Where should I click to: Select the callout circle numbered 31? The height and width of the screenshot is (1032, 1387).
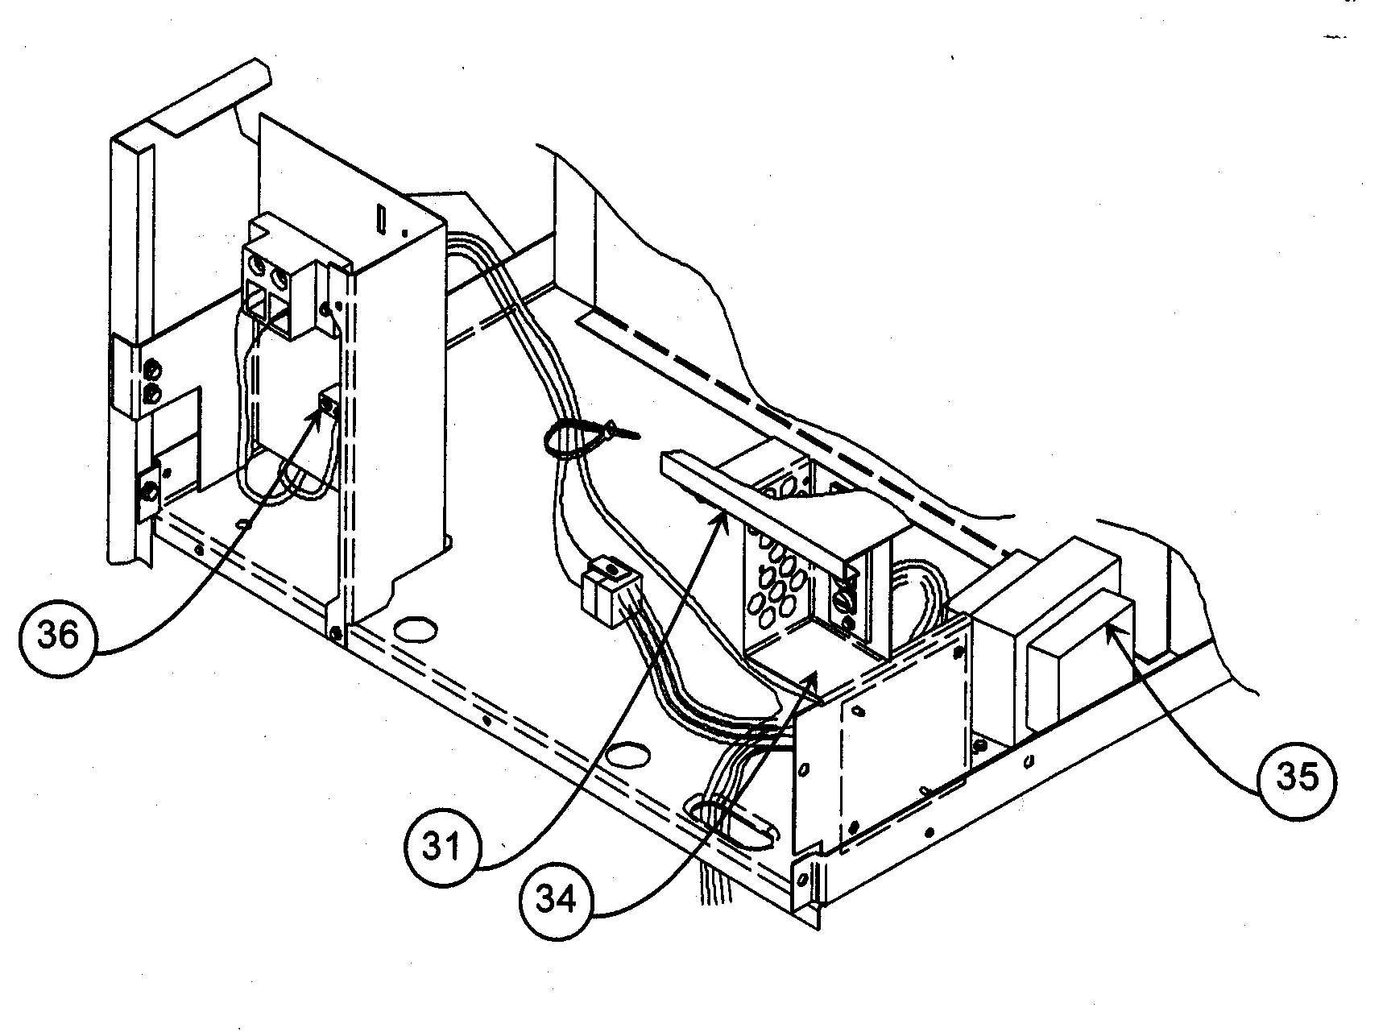(442, 848)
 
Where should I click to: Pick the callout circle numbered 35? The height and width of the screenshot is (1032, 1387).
(1296, 777)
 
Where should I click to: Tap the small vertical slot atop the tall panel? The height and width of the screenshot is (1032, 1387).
(381, 218)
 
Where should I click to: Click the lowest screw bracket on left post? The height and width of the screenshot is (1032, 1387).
(151, 492)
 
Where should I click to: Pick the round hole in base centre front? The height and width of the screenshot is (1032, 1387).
(628, 754)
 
